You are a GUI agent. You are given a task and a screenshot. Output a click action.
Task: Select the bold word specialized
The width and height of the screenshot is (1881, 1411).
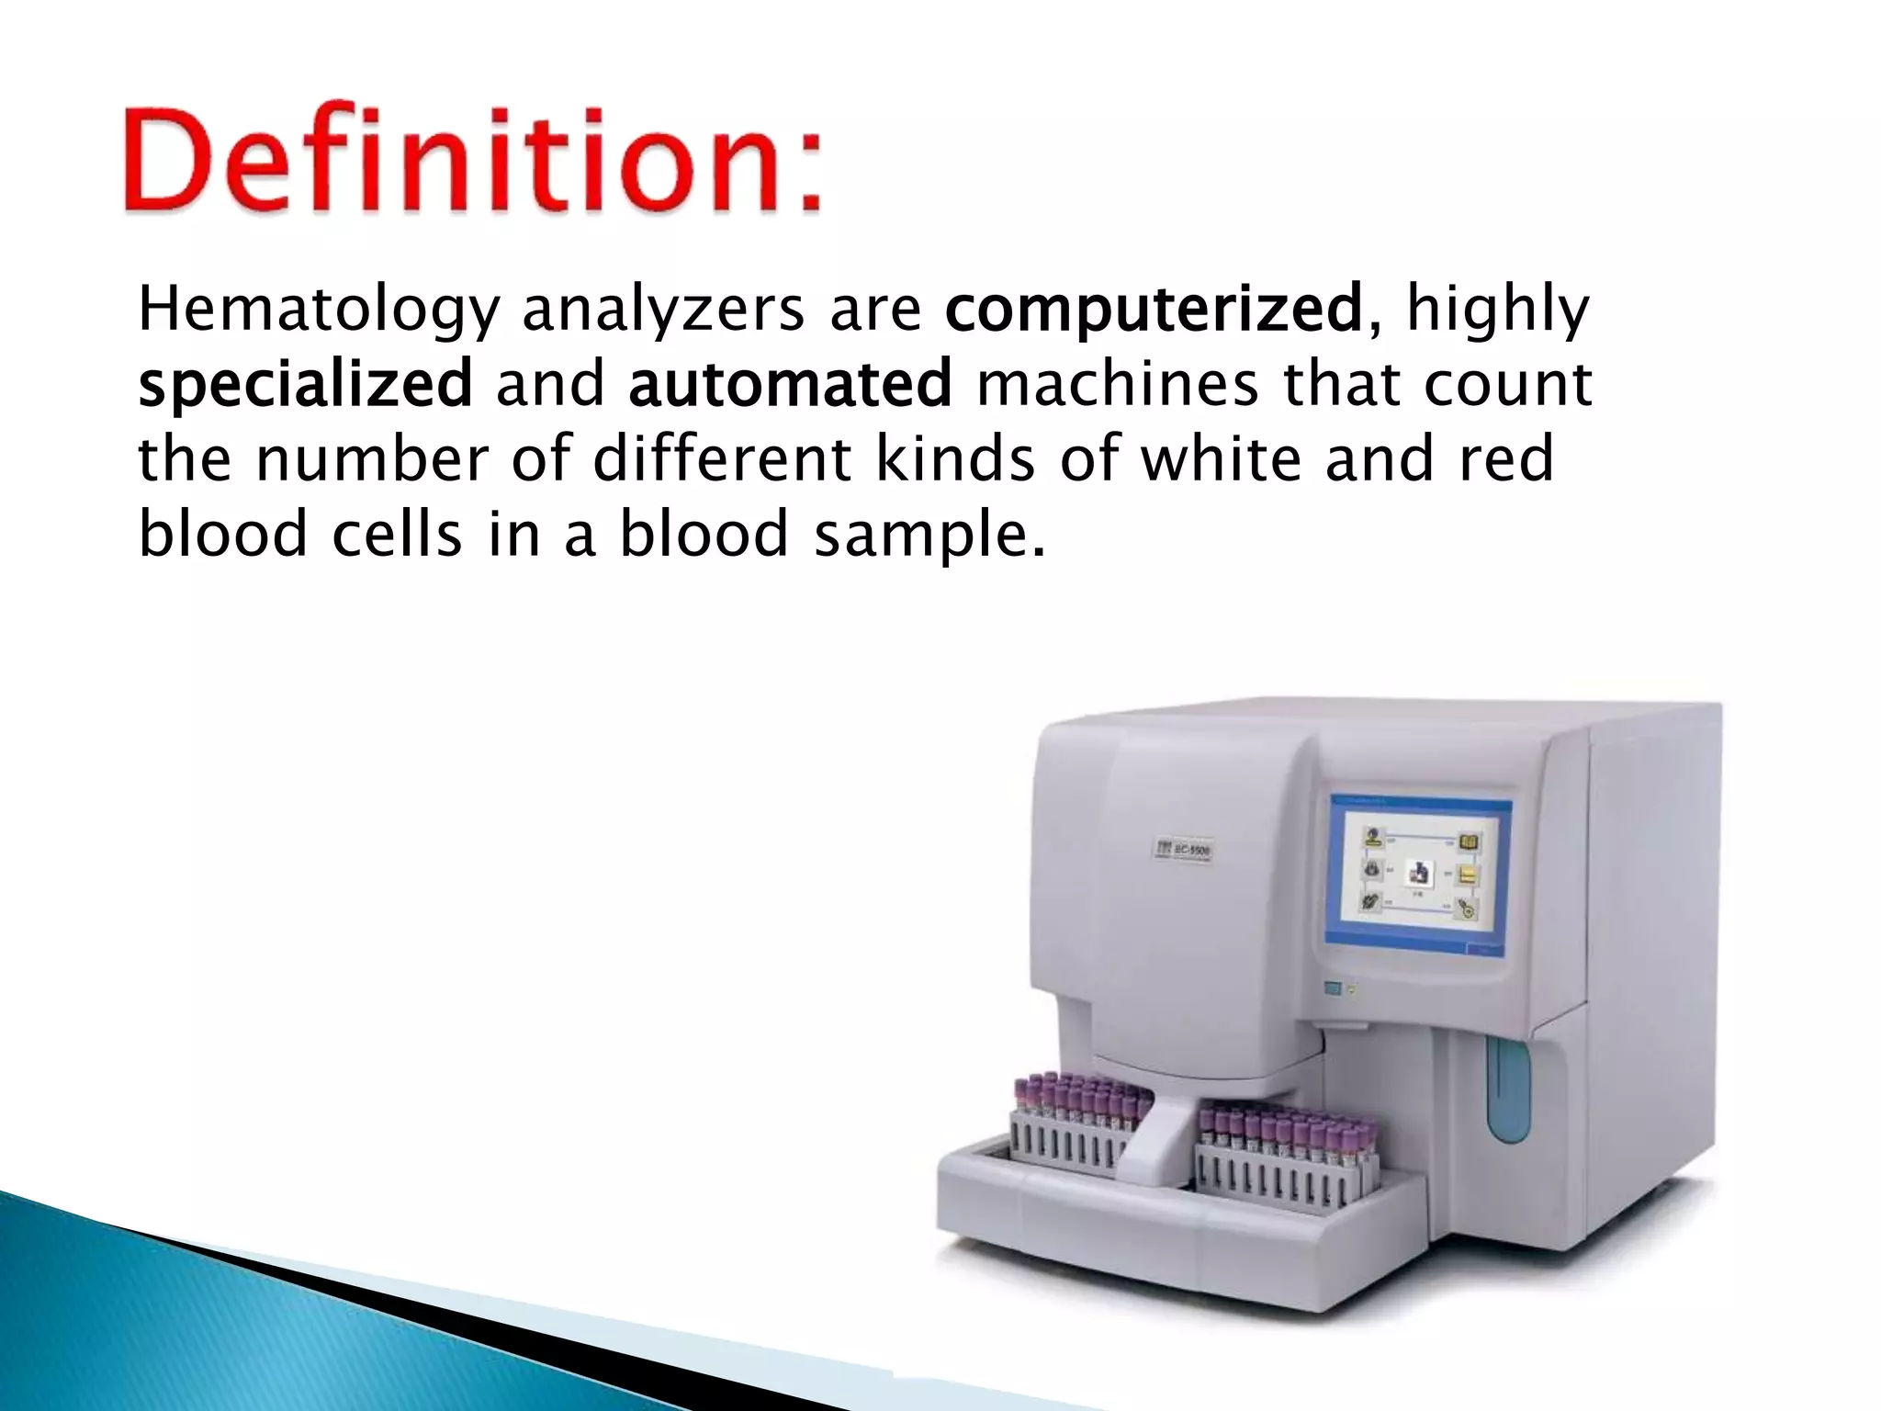click(304, 384)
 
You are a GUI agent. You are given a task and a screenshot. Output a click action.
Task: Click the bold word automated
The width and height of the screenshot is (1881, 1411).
click(790, 384)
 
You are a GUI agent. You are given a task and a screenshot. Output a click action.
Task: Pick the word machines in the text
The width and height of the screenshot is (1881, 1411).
click(1117, 384)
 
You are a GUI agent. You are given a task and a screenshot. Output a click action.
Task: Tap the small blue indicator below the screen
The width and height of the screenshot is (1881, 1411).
click(1333, 988)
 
